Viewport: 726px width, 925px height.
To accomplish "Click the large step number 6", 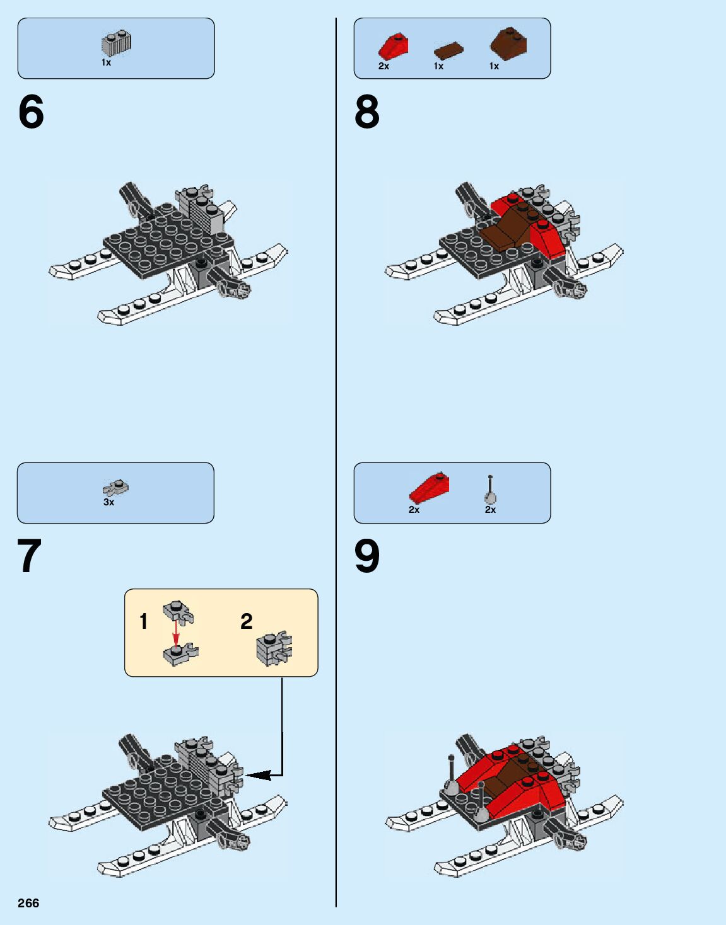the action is (x=31, y=112).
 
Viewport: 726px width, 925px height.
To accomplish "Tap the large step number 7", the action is (x=30, y=556).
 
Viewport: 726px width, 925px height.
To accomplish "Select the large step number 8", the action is (x=367, y=112).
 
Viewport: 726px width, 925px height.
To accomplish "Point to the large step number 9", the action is (x=367, y=556).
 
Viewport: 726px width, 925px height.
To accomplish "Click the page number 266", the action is (x=28, y=902).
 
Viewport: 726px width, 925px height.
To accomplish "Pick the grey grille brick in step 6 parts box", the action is (x=116, y=43).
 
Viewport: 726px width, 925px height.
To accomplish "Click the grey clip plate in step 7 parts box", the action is (x=115, y=488).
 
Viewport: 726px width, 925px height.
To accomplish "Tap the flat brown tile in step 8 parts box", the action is (x=448, y=50).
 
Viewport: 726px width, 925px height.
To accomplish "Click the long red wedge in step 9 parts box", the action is (x=430, y=488).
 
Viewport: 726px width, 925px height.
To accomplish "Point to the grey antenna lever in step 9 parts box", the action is (x=490, y=490).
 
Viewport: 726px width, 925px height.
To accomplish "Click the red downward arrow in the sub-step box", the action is (x=175, y=635).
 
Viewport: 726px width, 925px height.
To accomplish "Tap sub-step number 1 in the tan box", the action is (x=144, y=621).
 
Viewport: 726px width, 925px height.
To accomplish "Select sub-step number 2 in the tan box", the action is (x=246, y=621).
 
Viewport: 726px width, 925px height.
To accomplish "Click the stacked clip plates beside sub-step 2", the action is (x=274, y=649).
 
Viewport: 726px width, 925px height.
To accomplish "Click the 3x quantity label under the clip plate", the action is (x=108, y=502).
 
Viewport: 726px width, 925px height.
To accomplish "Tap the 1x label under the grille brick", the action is (x=106, y=62).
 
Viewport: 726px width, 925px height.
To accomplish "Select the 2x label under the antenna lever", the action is (x=490, y=510).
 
